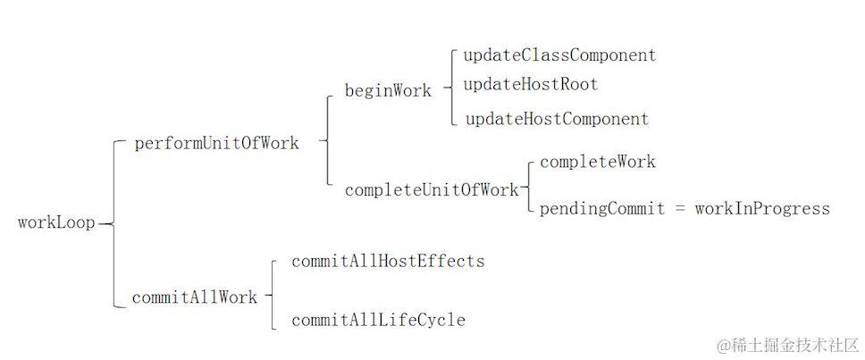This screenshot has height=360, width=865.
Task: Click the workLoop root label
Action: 55,223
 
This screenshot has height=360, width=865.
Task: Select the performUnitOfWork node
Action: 216,143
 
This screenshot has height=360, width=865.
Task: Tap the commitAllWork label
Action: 194,297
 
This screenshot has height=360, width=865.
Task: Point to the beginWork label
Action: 388,90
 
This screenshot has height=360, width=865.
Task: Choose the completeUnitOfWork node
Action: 431,189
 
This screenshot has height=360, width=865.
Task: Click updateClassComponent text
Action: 559,55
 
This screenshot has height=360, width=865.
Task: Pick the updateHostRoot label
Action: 530,85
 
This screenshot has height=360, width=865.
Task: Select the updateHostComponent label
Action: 557,119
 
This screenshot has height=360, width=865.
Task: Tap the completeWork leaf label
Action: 597,162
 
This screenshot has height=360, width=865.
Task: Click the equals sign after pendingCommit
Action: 679,209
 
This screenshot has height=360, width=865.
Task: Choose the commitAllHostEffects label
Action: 388,262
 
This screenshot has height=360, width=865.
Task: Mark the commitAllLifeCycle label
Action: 378,320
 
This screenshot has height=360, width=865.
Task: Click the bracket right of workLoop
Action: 114,223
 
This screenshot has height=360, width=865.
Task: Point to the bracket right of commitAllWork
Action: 272,296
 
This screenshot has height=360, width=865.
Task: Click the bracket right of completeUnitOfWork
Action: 529,188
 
